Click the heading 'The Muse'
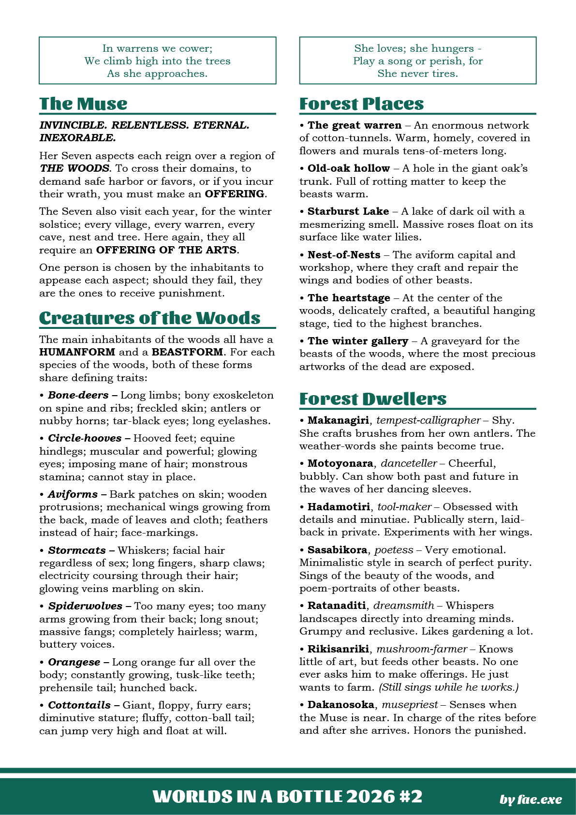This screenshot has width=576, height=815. tap(83, 104)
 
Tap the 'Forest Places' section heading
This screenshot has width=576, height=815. tap(361, 104)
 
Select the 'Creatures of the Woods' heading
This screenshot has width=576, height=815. tap(149, 318)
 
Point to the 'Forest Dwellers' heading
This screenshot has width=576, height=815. tap(372, 399)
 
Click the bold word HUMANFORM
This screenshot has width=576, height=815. tap(77, 352)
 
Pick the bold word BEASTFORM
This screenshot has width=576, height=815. tap(187, 352)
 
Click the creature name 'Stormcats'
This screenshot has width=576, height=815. tap(76, 550)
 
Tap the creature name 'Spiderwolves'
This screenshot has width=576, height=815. tap(85, 606)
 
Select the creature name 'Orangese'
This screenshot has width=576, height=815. tap(74, 662)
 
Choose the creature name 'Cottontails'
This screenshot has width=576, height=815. tap(79, 705)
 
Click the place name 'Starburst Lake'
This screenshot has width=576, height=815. tap(348, 211)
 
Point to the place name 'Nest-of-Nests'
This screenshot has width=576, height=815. tap(344, 255)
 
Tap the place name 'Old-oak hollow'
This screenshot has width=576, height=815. tap(349, 168)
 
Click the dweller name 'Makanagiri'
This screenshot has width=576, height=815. tap(338, 420)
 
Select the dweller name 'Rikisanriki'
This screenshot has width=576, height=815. tap(338, 649)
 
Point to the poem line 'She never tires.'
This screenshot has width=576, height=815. tap(417, 74)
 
